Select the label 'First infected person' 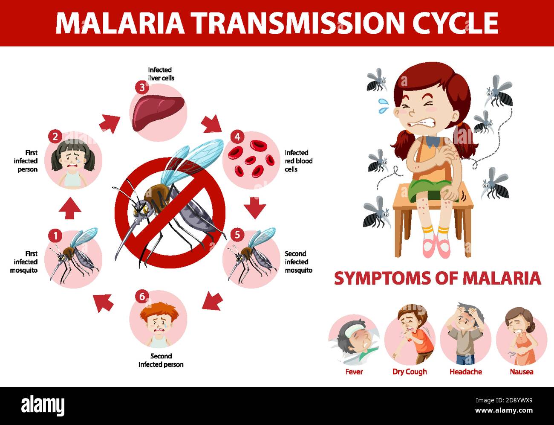(x=26, y=161)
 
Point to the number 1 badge (x=55, y=235)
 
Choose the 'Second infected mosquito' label (x=298, y=262)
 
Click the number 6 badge (x=142, y=296)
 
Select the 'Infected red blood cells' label (x=298, y=161)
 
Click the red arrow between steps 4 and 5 (x=255, y=208)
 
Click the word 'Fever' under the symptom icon (x=354, y=372)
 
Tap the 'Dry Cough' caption (x=410, y=372)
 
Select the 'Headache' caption (x=465, y=372)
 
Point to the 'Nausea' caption (x=521, y=372)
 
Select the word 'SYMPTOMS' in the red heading (x=382, y=278)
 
